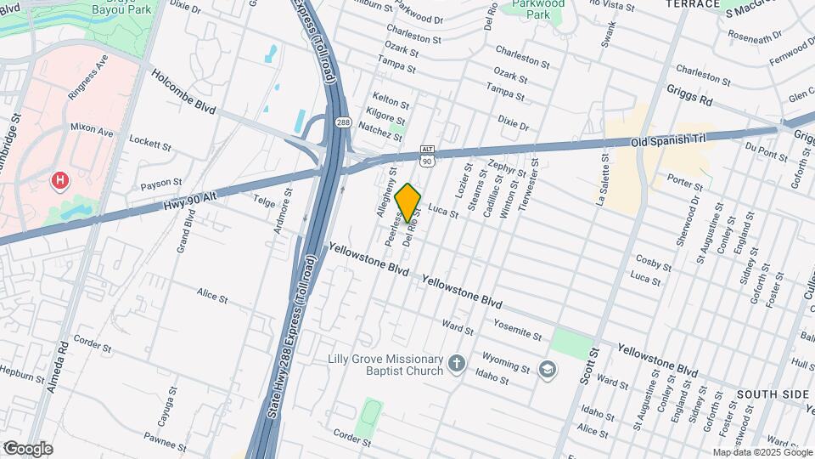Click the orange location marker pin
408,202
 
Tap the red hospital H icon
60,180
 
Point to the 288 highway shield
342,123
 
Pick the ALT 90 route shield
427,155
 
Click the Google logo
28,448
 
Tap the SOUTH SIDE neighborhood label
773,395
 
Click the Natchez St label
380,131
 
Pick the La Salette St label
605,180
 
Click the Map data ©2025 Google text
762,452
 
